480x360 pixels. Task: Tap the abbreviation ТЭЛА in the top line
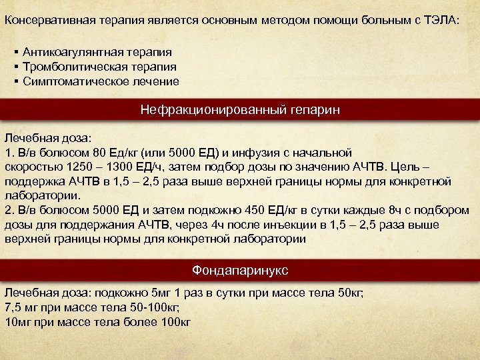point(441,19)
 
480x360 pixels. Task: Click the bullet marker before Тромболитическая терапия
point(15,67)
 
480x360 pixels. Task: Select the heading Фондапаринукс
point(240,270)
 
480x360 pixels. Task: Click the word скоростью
point(31,167)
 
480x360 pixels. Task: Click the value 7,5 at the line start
point(13,307)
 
